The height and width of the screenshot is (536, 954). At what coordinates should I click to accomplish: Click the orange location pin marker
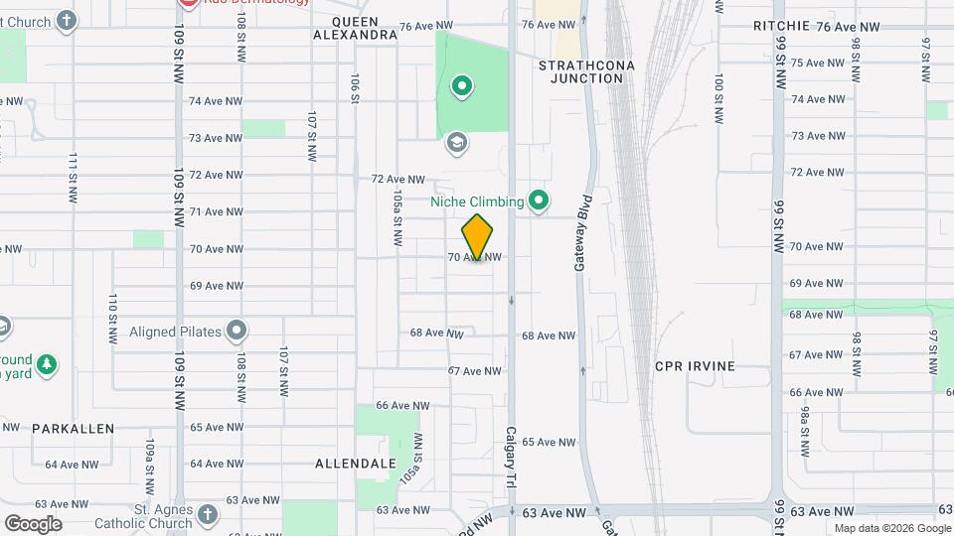(478, 236)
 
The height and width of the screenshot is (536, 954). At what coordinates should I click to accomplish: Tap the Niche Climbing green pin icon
(539, 201)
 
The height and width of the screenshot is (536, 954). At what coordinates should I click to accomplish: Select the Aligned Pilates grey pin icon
(237, 331)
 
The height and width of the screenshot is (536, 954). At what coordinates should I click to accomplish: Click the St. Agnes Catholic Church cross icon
(207, 513)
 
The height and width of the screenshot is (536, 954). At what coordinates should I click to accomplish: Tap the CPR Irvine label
(695, 366)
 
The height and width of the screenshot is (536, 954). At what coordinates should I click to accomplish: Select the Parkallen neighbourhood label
(73, 429)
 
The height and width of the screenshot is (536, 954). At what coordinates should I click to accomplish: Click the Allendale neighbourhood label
(356, 464)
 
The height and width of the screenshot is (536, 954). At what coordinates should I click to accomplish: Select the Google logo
(33, 524)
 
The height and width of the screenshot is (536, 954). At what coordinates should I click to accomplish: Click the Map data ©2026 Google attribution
(891, 528)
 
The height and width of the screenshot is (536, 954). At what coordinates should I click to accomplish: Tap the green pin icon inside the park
(461, 87)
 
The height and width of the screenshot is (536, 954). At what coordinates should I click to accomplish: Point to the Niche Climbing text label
(477, 202)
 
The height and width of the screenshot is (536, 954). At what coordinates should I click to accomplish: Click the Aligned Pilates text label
(175, 332)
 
